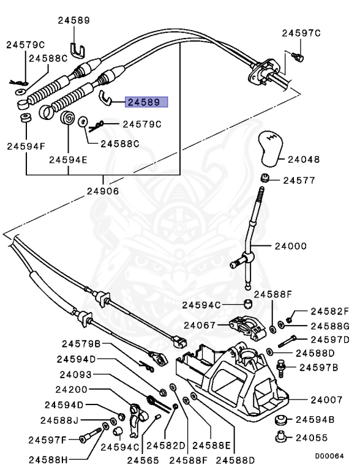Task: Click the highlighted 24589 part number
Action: [x=146, y=102]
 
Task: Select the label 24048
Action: [x=305, y=160]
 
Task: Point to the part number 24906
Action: [x=103, y=190]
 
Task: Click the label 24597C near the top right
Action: [x=301, y=33]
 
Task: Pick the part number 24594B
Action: [x=315, y=420]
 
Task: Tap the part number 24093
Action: [x=76, y=375]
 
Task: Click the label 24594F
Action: [x=26, y=146]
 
